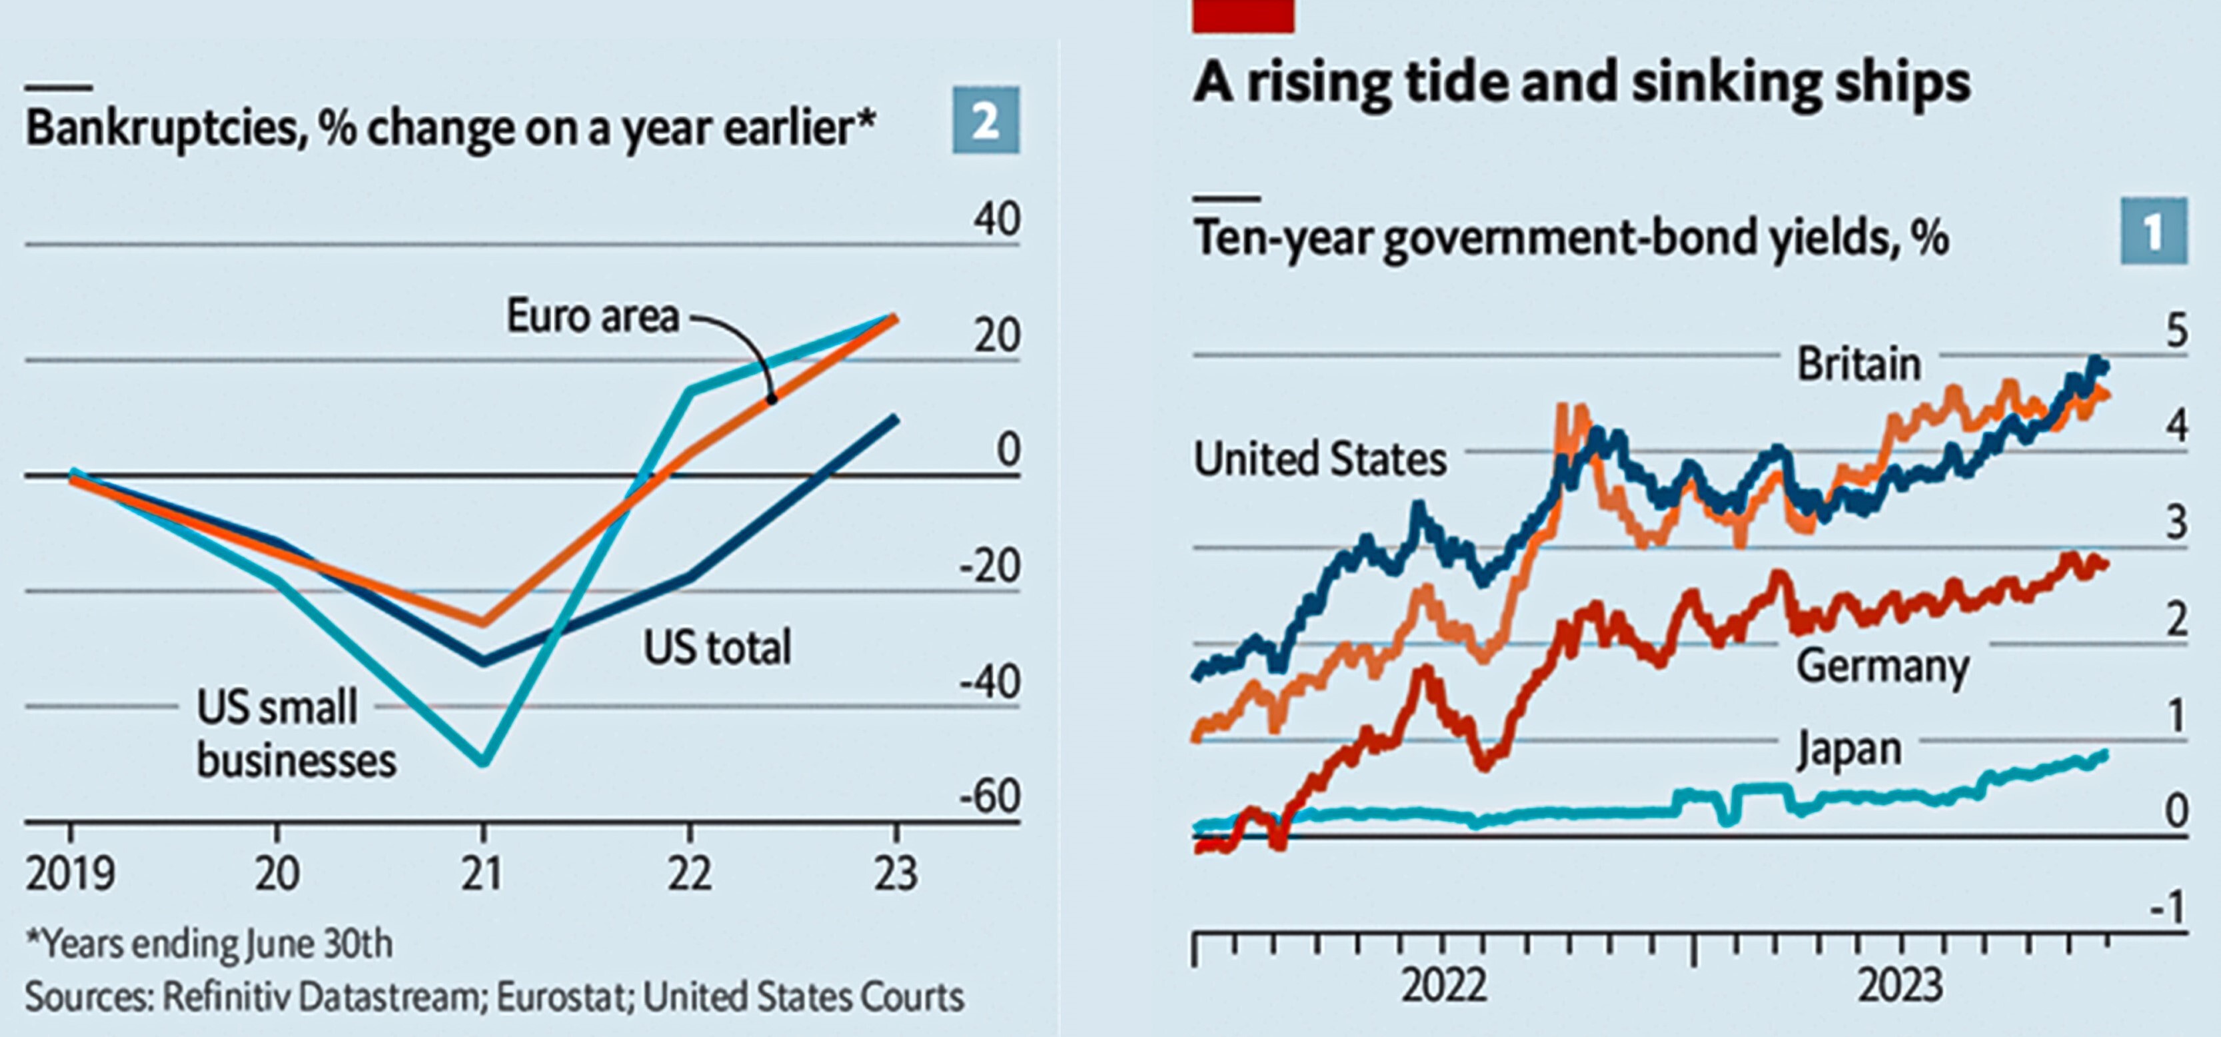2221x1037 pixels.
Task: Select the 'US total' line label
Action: [716, 647]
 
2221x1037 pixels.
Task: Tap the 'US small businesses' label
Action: [295, 734]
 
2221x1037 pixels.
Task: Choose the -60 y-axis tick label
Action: [990, 797]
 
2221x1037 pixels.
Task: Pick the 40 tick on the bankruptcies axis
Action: [997, 219]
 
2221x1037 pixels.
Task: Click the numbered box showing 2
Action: [986, 121]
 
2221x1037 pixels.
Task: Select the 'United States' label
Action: [1320, 459]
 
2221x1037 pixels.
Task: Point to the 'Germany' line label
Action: [1883, 666]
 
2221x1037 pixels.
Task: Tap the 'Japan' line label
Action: [1849, 749]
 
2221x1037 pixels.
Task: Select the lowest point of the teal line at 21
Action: [483, 762]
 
